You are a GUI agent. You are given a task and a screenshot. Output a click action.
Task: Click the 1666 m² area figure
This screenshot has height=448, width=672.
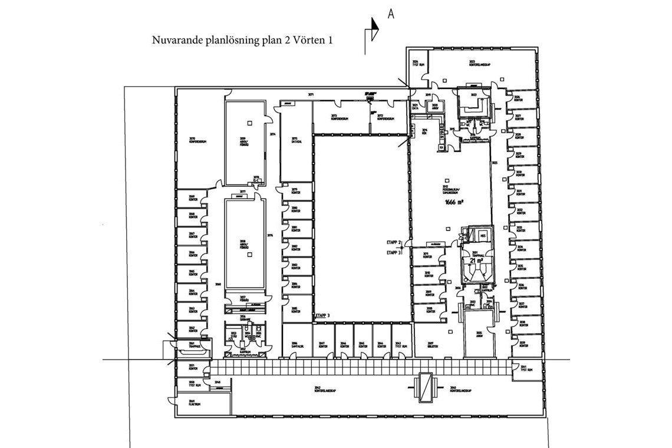454,202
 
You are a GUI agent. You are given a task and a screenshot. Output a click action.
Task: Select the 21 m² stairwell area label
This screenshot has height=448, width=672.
476,260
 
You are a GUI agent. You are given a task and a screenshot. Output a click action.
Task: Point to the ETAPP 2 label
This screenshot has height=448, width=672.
393,243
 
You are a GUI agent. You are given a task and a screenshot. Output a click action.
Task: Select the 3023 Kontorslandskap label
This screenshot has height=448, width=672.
476,63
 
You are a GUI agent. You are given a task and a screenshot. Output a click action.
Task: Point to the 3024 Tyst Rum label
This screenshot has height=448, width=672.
417,63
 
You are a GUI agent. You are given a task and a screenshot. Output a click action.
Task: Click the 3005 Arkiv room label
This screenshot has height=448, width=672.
479,334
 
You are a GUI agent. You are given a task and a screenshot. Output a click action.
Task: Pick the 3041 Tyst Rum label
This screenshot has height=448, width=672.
526,368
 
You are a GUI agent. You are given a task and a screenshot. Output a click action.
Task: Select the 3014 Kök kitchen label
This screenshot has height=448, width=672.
424,132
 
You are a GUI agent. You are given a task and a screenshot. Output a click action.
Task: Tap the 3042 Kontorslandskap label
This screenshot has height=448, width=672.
325,389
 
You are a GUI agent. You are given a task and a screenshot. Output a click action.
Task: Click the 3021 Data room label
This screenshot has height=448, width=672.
416,106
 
